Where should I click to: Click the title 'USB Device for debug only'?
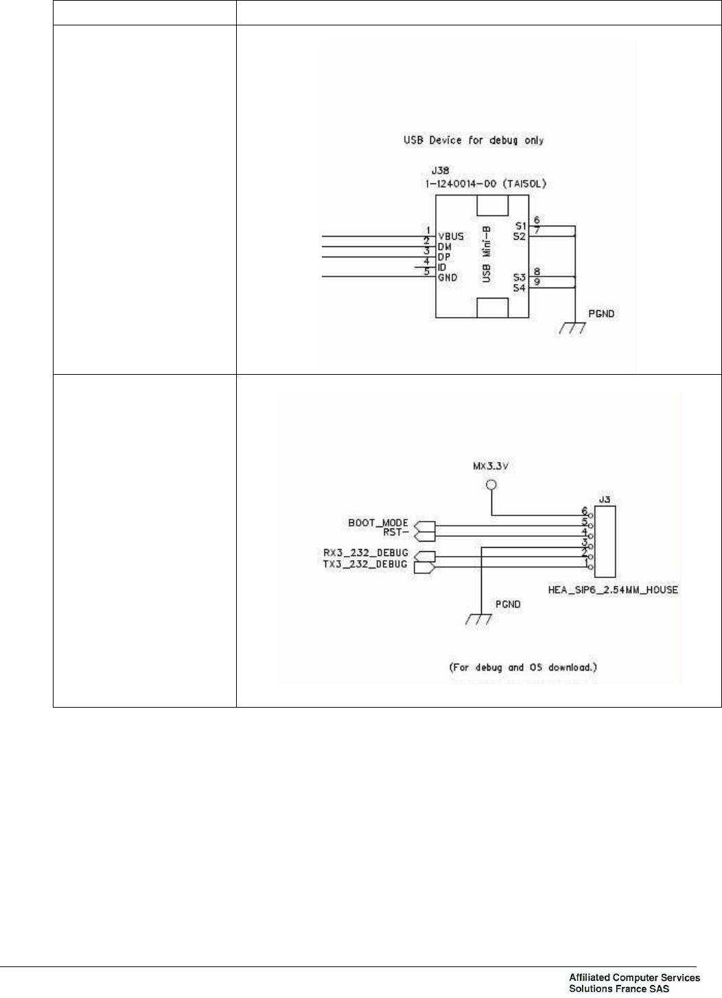[473, 141]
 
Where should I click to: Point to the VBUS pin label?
[450, 237]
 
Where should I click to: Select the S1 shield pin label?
[520, 226]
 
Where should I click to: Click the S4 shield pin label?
[520, 288]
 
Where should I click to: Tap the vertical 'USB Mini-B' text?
[487, 258]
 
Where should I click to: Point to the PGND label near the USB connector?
[601, 314]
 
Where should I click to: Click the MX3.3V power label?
[491, 466]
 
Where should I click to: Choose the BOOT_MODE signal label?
[377, 523]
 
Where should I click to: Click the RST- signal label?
[397, 531]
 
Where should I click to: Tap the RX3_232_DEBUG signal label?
[365, 553]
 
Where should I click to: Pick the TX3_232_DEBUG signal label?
[365, 564]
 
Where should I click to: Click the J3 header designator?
[605, 500]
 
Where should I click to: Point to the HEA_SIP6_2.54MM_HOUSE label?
[613, 590]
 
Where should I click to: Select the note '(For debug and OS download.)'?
[522, 667]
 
